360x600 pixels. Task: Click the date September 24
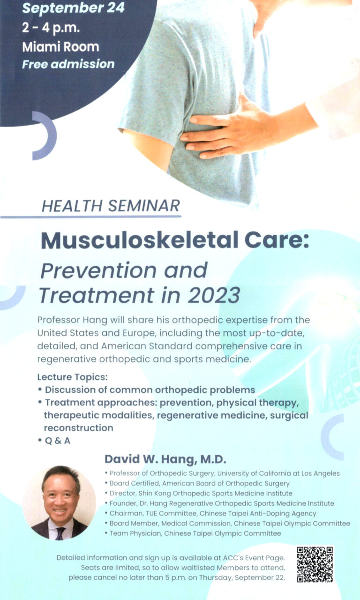(x=74, y=8)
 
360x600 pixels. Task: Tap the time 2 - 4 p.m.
(x=51, y=28)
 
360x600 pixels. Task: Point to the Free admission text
(x=68, y=64)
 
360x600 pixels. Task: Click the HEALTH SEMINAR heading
(x=111, y=206)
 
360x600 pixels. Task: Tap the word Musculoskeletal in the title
(x=140, y=240)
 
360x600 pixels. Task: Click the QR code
(x=315, y=564)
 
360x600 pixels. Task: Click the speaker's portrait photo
(x=60, y=503)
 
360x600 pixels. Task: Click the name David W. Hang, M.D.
(x=165, y=459)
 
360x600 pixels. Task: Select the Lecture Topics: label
(x=72, y=377)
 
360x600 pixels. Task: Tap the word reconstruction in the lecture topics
(x=78, y=428)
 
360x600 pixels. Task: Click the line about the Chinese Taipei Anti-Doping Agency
(x=210, y=513)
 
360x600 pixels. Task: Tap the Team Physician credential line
(x=193, y=533)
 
